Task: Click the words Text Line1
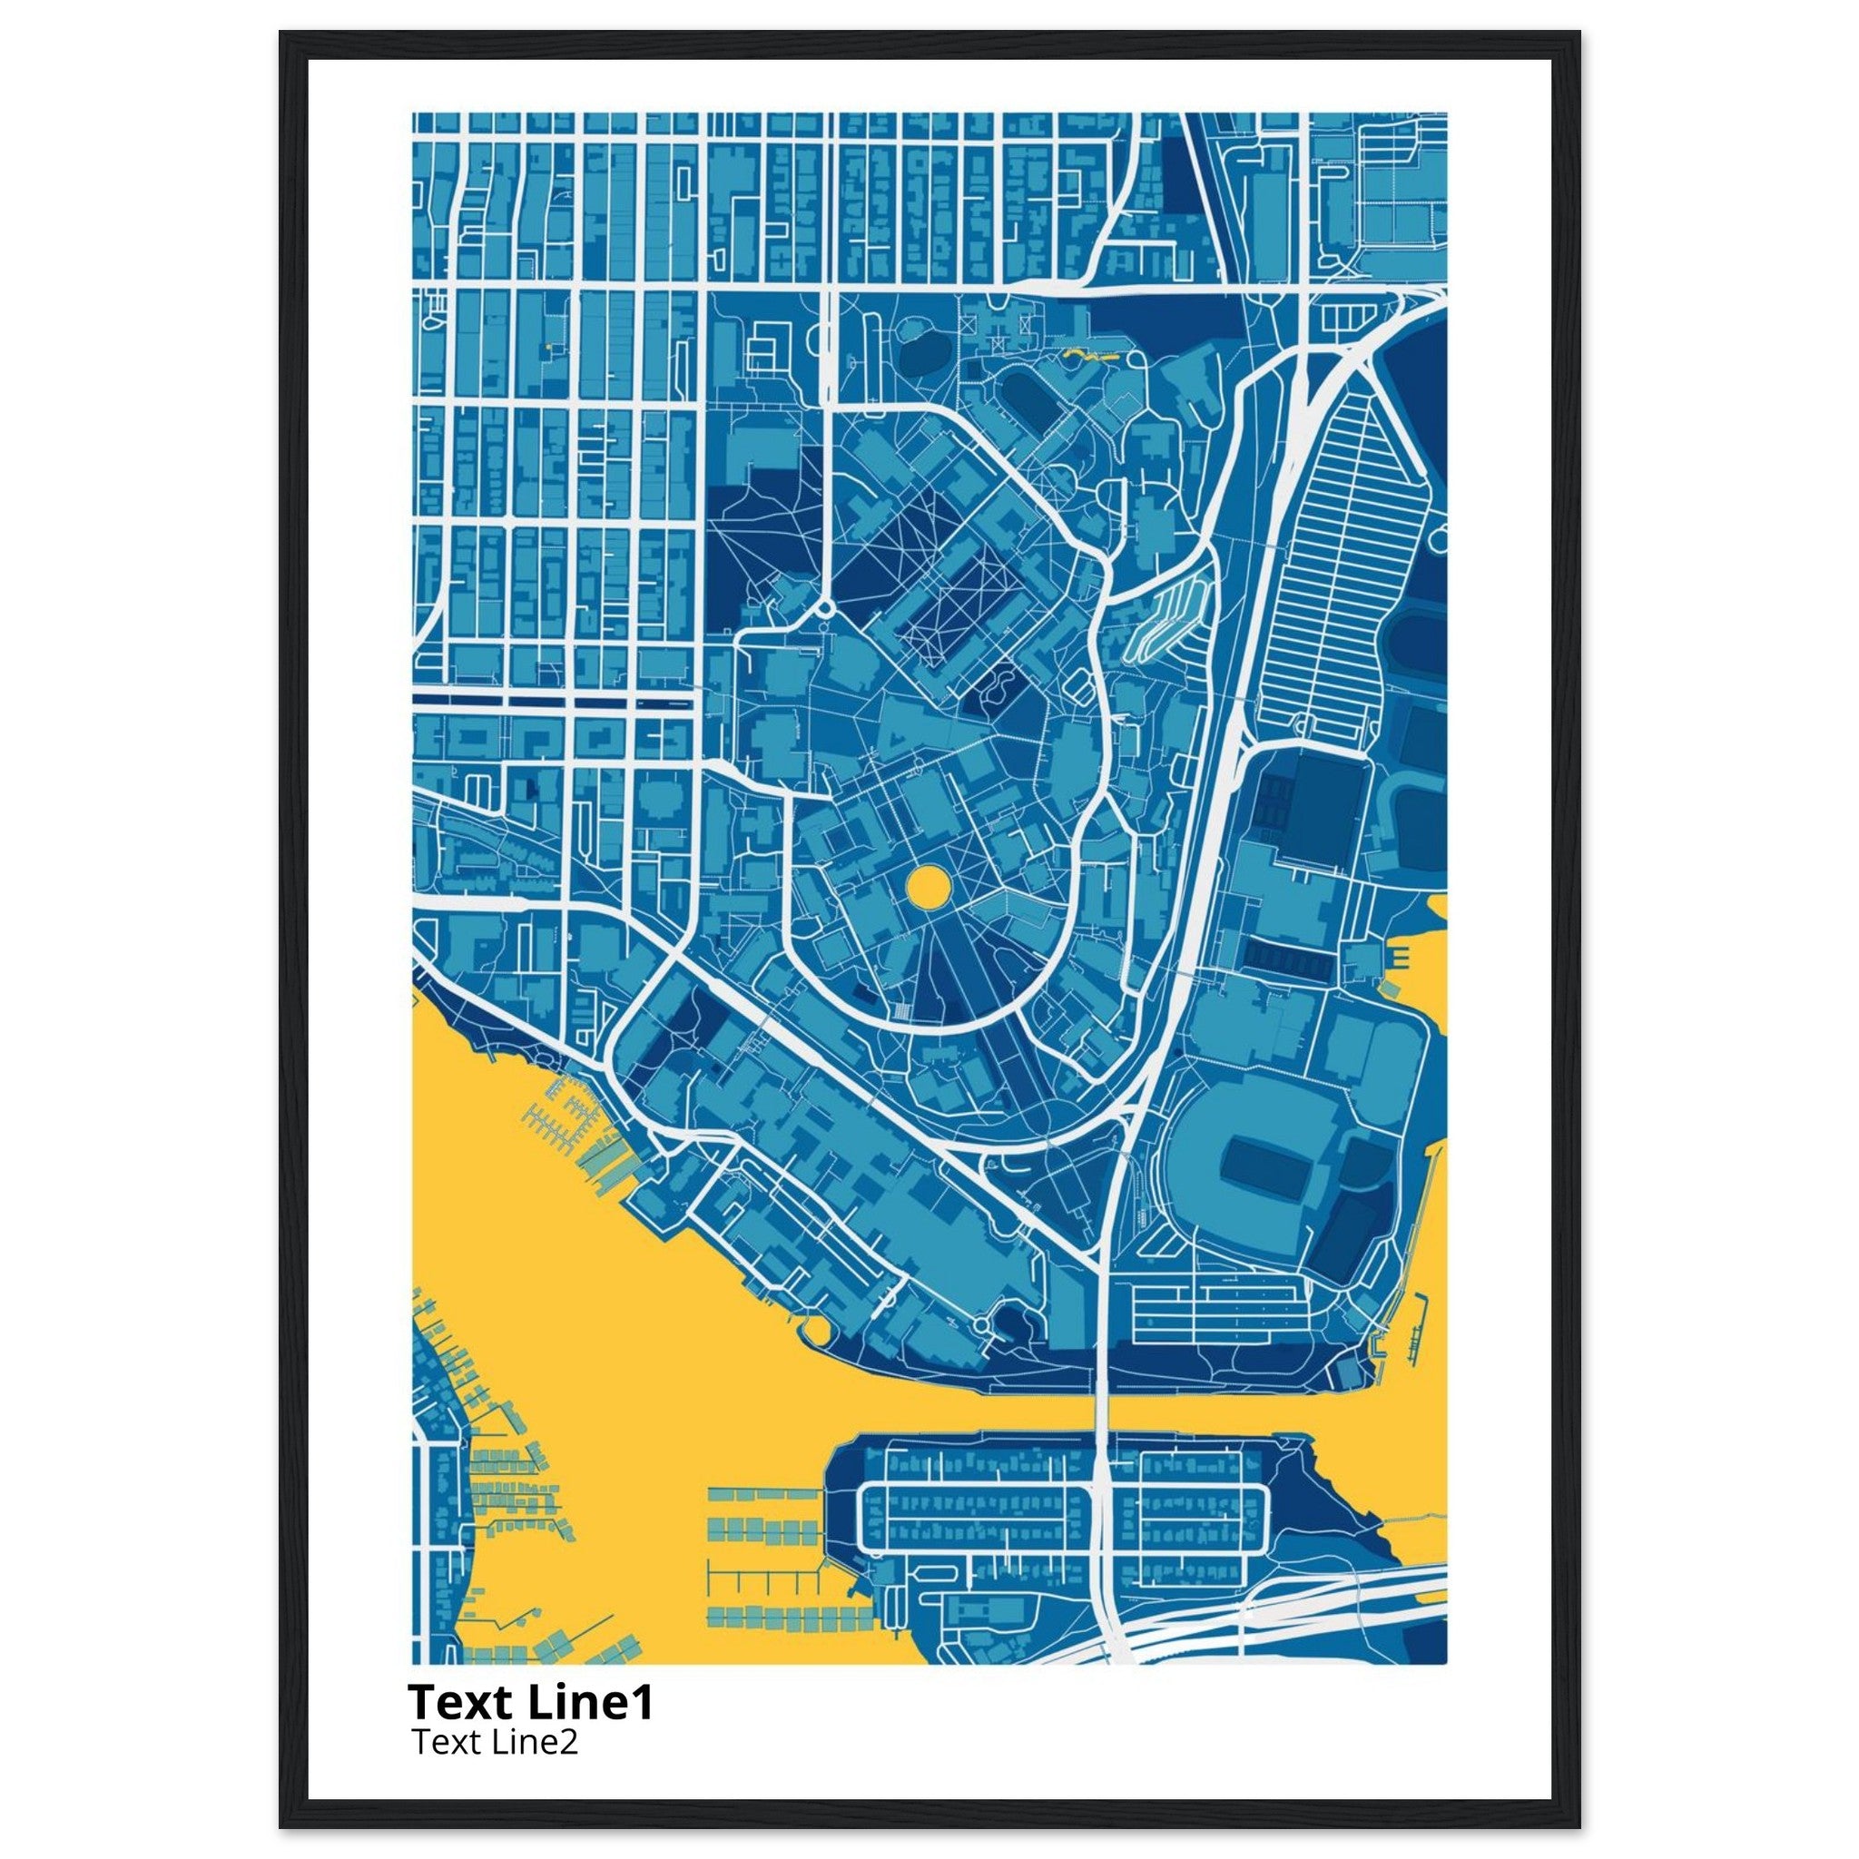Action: coord(531,1702)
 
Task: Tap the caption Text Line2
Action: coord(495,1743)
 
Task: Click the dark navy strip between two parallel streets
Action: coord(554,701)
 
